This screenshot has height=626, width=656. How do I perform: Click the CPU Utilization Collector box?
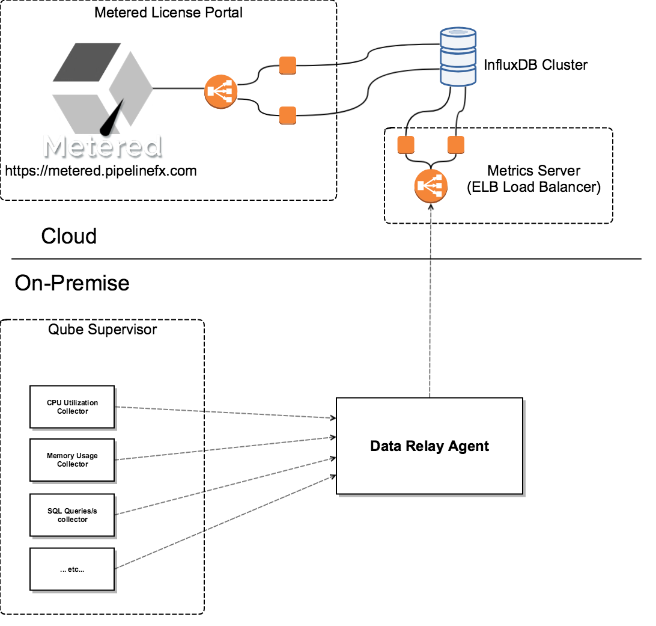pos(72,407)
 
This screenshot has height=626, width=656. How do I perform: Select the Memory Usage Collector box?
pos(72,460)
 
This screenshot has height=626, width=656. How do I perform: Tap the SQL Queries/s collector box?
pos(72,515)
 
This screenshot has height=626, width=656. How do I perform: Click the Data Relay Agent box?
pos(430,446)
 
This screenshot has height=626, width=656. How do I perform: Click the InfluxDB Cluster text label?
pos(536,65)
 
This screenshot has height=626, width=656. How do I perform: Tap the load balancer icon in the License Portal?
pos(221,92)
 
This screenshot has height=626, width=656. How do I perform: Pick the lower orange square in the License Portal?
pos(288,115)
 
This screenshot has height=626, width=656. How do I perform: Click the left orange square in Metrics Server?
pos(407,145)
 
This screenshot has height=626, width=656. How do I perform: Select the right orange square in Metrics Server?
pos(456,145)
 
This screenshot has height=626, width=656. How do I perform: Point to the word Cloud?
pos(68,236)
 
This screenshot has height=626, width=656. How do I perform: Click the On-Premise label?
pos(72,282)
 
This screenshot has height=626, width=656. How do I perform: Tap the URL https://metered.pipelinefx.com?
pos(101,171)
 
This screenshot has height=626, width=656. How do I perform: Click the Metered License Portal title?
pos(168,13)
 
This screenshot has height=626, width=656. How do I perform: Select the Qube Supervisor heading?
pos(102,330)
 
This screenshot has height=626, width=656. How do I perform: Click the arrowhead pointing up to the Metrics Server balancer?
pos(431,206)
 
